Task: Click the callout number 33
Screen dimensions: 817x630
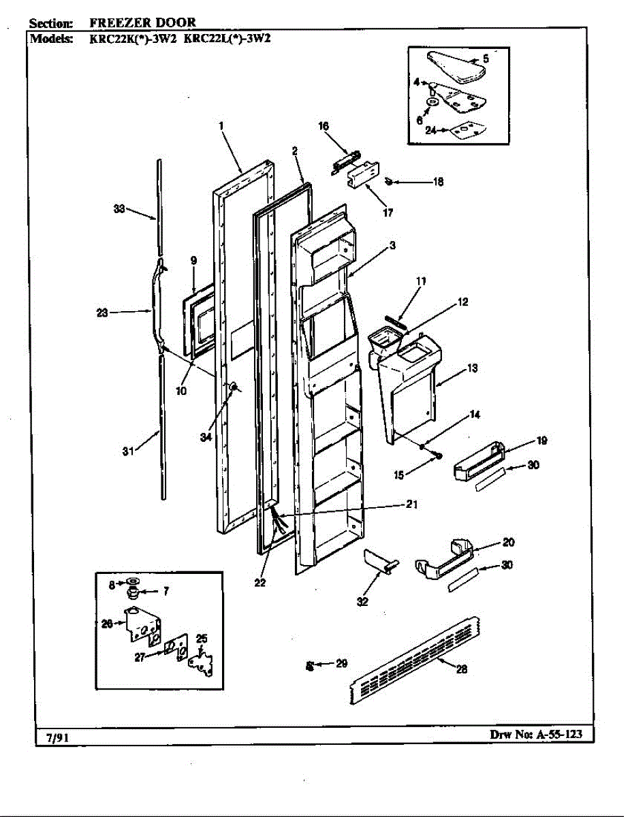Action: pos(119,210)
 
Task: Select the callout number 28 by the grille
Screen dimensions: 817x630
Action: pos(461,669)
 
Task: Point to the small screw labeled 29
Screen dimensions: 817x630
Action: pos(310,665)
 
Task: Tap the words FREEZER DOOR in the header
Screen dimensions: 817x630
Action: pos(142,22)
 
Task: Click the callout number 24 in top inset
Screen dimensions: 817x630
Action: pos(430,131)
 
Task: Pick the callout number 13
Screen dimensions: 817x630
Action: pos(472,368)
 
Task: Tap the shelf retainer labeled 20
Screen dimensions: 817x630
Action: pos(443,560)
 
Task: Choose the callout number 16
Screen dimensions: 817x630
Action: pos(323,126)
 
